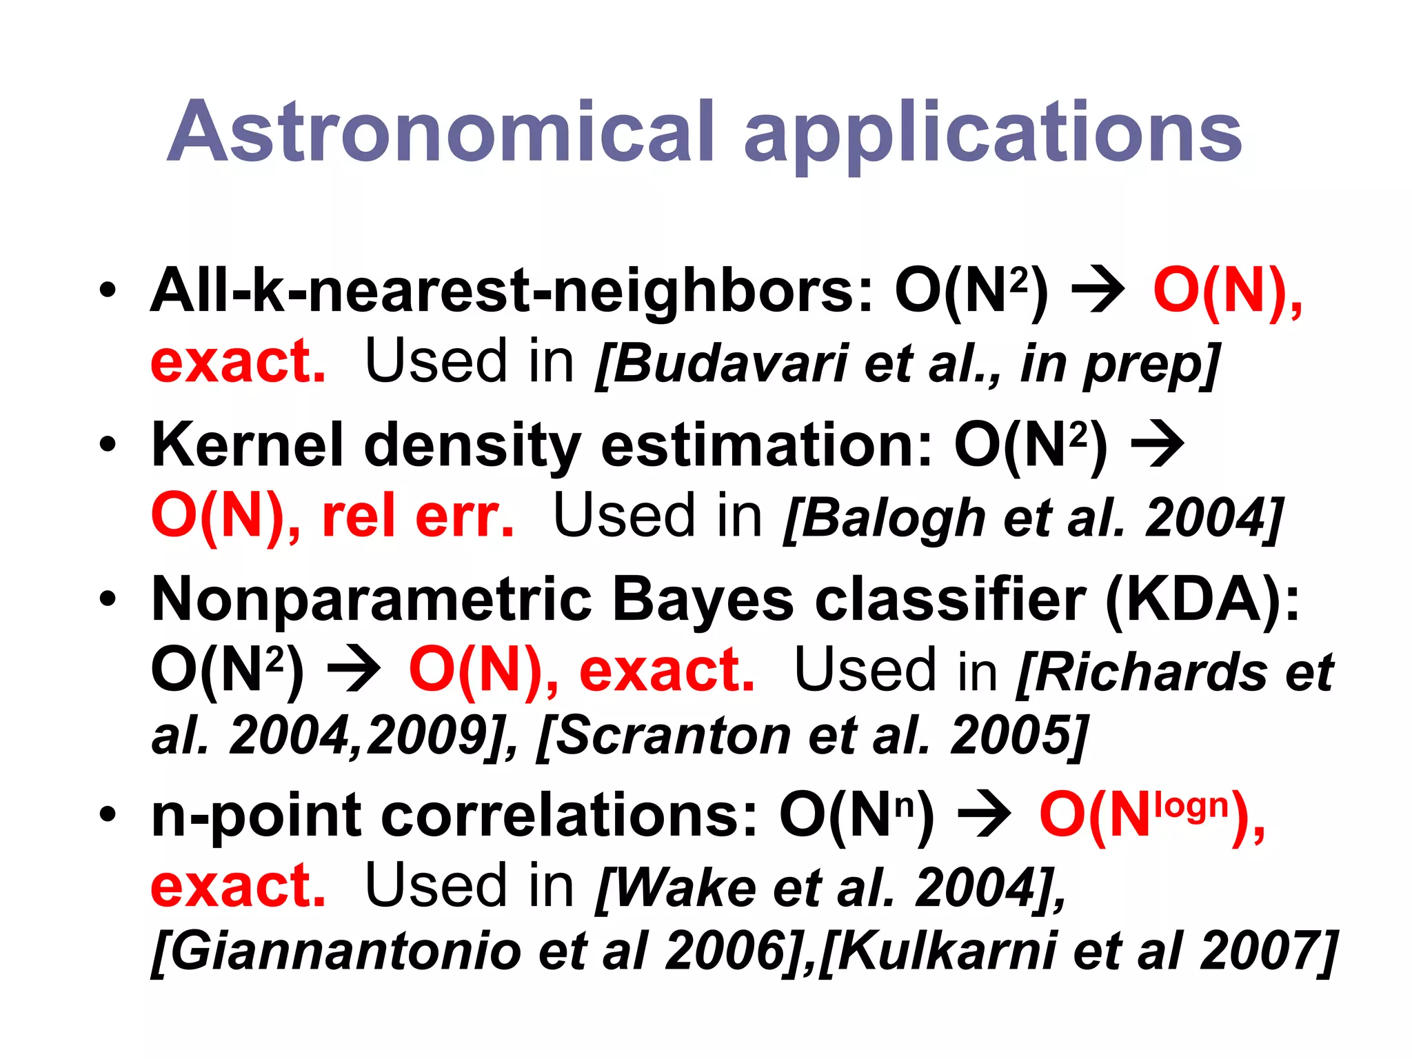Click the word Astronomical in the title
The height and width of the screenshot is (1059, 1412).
coord(441,132)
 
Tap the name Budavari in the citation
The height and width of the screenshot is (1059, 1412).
coord(730,363)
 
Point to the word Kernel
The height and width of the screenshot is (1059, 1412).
coord(247,445)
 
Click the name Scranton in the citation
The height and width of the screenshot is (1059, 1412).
coord(672,736)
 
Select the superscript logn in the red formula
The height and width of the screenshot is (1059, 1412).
coord(1192,805)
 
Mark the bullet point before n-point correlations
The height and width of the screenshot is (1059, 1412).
coord(108,815)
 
